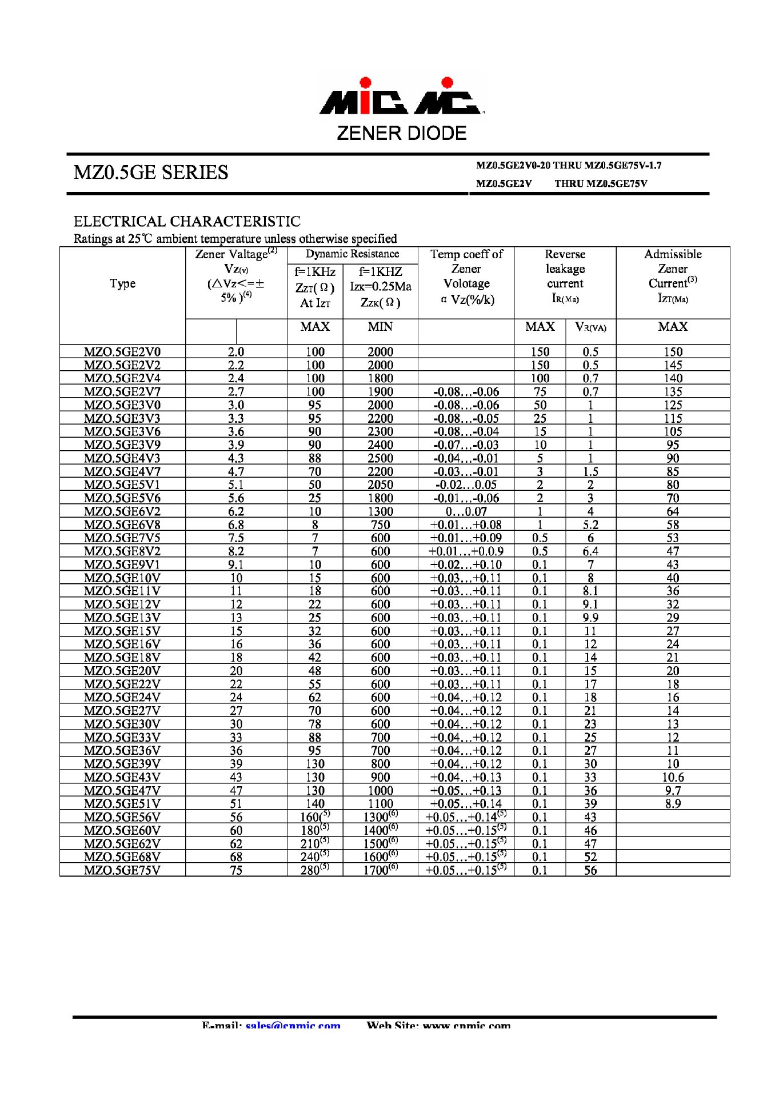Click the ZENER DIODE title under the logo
click(401, 133)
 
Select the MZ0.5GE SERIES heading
click(151, 173)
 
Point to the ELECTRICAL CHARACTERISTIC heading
click(187, 222)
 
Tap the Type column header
click(122, 283)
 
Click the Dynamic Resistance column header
click(352, 254)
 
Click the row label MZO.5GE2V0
click(122, 352)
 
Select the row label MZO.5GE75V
click(122, 870)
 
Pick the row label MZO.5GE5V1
click(122, 485)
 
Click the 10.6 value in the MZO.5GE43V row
click(673, 778)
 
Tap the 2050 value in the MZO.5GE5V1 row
click(380, 485)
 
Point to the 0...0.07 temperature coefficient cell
click(466, 511)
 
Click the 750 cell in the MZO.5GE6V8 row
click(380, 525)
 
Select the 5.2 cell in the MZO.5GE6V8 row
click(590, 525)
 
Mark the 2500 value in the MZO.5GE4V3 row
click(380, 458)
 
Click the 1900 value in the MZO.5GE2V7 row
click(380, 392)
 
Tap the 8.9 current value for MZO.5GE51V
click(673, 804)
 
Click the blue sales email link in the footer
click(293, 1026)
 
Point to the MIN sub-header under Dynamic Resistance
click(380, 327)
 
